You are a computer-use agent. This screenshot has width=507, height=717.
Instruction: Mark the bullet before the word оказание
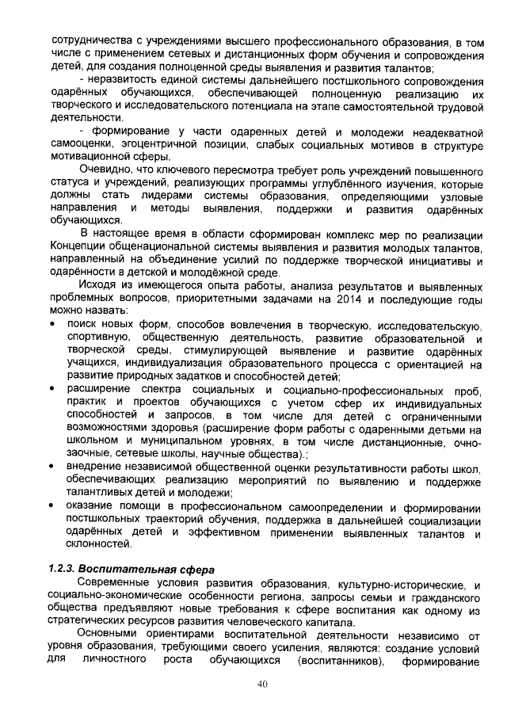click(x=52, y=505)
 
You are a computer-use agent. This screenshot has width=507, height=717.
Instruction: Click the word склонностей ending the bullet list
click(x=99, y=544)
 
